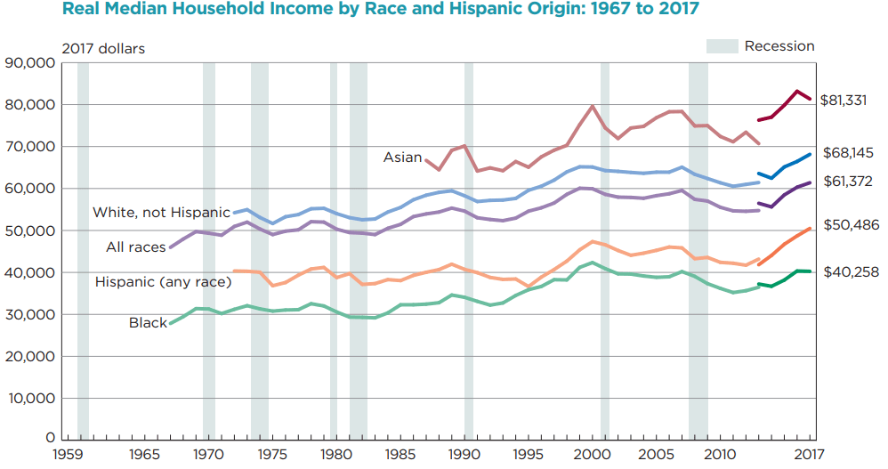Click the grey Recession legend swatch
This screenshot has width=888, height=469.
722,46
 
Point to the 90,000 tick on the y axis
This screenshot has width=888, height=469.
30,63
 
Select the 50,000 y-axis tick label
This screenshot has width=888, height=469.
30,230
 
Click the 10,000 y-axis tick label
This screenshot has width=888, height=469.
30,398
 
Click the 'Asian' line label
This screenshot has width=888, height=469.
402,158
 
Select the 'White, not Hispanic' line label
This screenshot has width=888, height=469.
161,213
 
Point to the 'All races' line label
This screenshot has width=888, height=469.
136,247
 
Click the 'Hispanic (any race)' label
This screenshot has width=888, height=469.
163,282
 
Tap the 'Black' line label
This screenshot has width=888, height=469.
148,322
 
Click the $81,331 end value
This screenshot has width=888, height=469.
844,100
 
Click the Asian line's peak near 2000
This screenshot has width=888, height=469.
592,106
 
